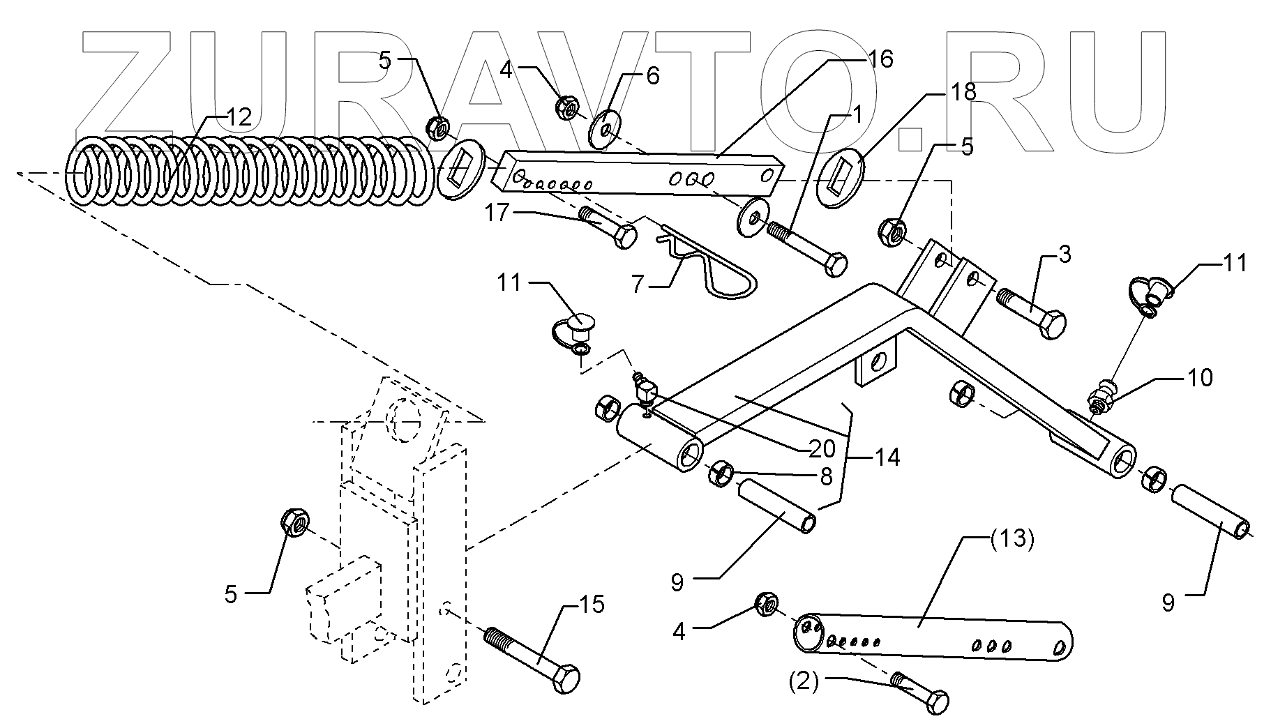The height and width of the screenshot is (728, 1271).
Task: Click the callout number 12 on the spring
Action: [x=239, y=117]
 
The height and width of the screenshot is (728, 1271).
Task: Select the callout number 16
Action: [x=880, y=59]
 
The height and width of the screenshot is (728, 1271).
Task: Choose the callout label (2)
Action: [x=804, y=681]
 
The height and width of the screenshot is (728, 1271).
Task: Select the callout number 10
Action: [x=1200, y=377]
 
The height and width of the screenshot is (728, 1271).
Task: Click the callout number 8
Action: [x=825, y=477]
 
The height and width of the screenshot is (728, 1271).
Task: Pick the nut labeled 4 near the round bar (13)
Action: [x=767, y=605]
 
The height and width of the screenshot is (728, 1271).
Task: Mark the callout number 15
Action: [x=591, y=605]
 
